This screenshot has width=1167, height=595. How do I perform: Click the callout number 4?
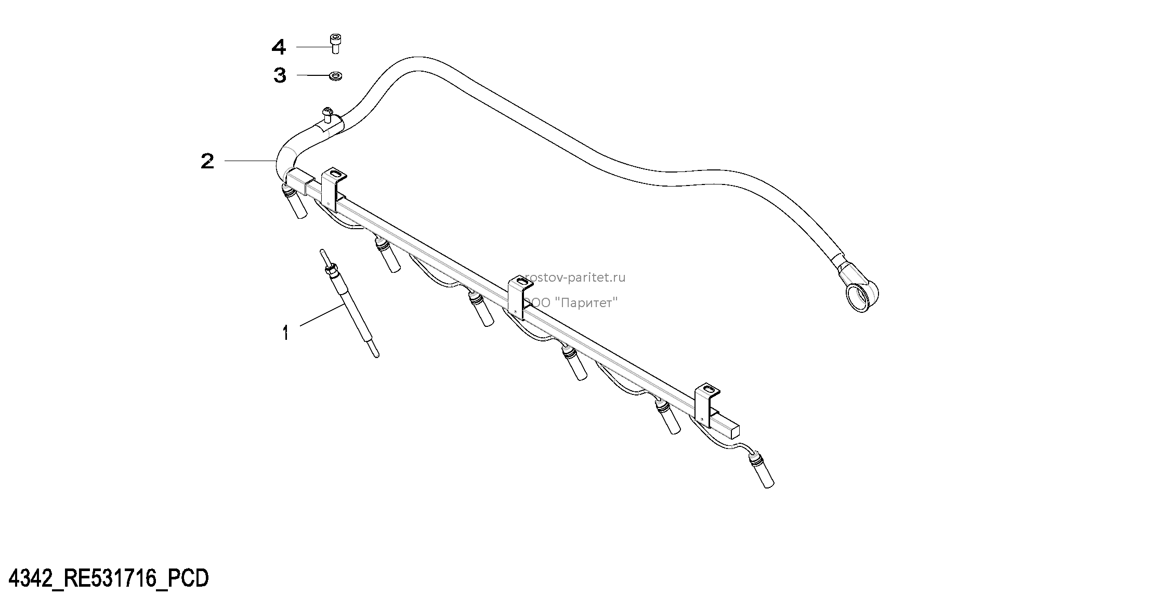pos(279,47)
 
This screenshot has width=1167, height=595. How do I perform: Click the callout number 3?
pos(280,75)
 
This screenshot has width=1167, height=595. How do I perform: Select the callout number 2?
pos(207,161)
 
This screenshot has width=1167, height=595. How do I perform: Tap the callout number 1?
pos(285,333)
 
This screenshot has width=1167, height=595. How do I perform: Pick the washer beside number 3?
pos(335,76)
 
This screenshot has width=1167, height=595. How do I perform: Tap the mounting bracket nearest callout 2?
pos(333,188)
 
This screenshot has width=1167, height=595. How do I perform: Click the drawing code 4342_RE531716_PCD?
pos(110,577)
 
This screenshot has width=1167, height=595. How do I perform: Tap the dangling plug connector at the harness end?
pos(762,470)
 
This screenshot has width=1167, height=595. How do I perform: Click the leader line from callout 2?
pos(250,162)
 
